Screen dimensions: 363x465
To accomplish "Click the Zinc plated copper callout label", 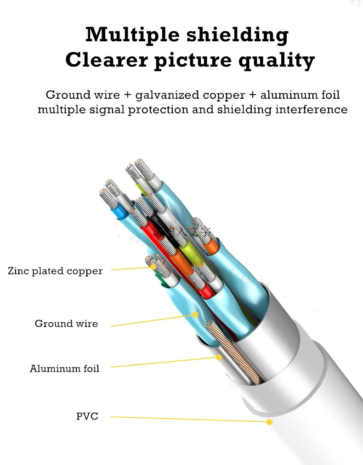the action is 55,271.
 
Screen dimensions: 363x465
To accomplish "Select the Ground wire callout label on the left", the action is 66,324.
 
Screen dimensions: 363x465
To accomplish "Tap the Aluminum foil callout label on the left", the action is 64,368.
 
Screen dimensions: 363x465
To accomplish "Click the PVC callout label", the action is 87,416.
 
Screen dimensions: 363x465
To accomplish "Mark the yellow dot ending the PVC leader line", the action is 270,421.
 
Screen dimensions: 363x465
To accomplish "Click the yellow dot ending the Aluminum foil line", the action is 220,357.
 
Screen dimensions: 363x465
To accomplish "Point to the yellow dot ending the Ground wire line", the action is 196,315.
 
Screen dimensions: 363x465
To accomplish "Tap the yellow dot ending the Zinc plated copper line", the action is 154,266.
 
